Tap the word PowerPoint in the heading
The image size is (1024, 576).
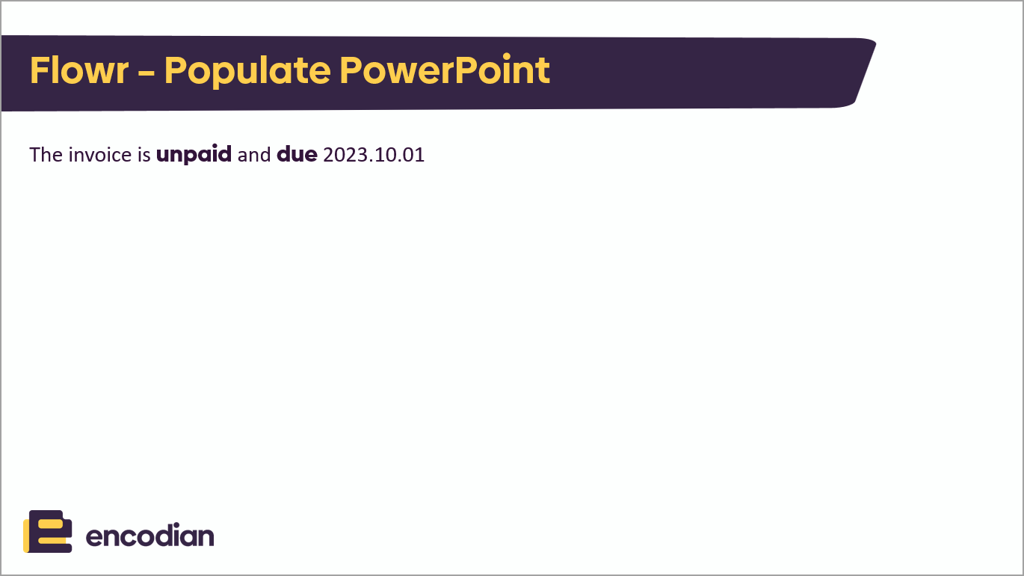445,70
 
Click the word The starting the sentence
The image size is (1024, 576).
46,155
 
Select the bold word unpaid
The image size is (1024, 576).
194,156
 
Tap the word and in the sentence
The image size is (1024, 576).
254,155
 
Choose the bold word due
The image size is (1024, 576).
297,155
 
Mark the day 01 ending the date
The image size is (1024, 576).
413,155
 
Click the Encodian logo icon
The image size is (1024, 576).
48,531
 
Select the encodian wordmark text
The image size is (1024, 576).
149,536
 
